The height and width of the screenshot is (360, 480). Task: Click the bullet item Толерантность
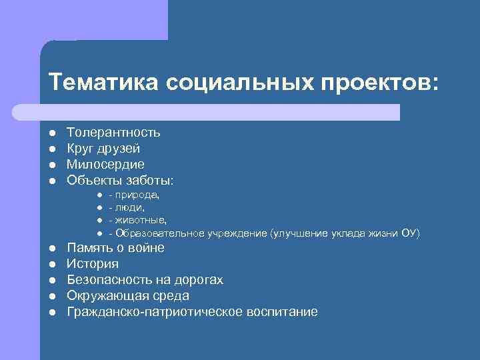pyautogui.click(x=113, y=133)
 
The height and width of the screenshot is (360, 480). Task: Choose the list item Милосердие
pyautogui.click(x=105, y=164)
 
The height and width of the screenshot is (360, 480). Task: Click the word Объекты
pyautogui.click(x=91, y=180)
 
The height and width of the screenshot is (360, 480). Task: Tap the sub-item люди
pyautogui.click(x=130, y=207)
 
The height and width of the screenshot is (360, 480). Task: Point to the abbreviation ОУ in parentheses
pyautogui.click(x=409, y=233)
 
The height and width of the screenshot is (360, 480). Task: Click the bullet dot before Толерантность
pyautogui.click(x=52, y=133)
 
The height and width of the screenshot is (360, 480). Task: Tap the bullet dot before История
pyautogui.click(x=52, y=265)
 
